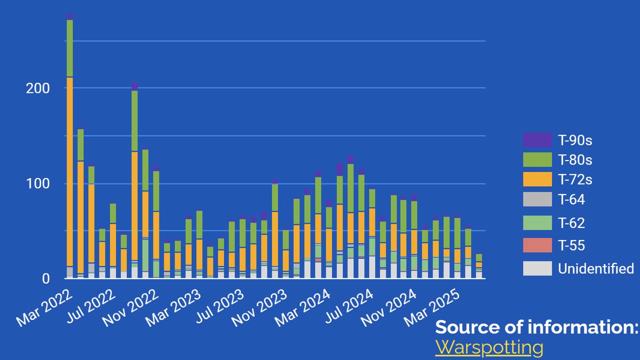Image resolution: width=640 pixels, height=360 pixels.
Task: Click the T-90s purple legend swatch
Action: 537,140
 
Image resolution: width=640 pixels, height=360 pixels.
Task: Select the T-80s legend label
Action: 575,160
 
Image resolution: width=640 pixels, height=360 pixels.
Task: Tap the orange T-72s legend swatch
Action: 537,179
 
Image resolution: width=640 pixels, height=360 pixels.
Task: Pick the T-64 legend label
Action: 571,200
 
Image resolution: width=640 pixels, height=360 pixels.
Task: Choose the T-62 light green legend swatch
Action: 537,222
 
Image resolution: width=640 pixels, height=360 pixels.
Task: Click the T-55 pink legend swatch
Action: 537,245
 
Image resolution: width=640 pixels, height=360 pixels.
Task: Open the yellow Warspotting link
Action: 488,346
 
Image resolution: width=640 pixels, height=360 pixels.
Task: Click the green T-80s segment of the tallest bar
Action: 70,48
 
